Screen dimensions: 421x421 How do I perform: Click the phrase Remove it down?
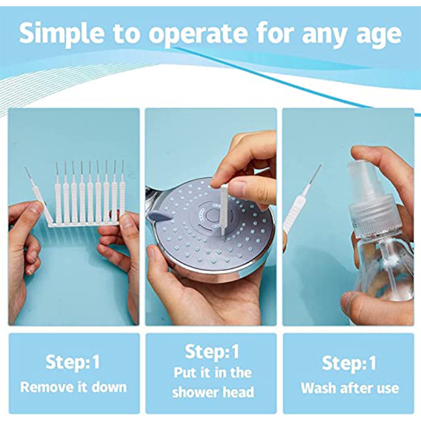coord(74,387)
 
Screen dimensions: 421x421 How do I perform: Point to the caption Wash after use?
coord(350,388)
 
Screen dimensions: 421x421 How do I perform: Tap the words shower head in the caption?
coord(213,392)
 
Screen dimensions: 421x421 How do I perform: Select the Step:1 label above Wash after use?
coord(349,363)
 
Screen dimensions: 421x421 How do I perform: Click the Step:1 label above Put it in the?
coord(212,351)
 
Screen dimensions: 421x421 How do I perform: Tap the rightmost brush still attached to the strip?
coord(122,196)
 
